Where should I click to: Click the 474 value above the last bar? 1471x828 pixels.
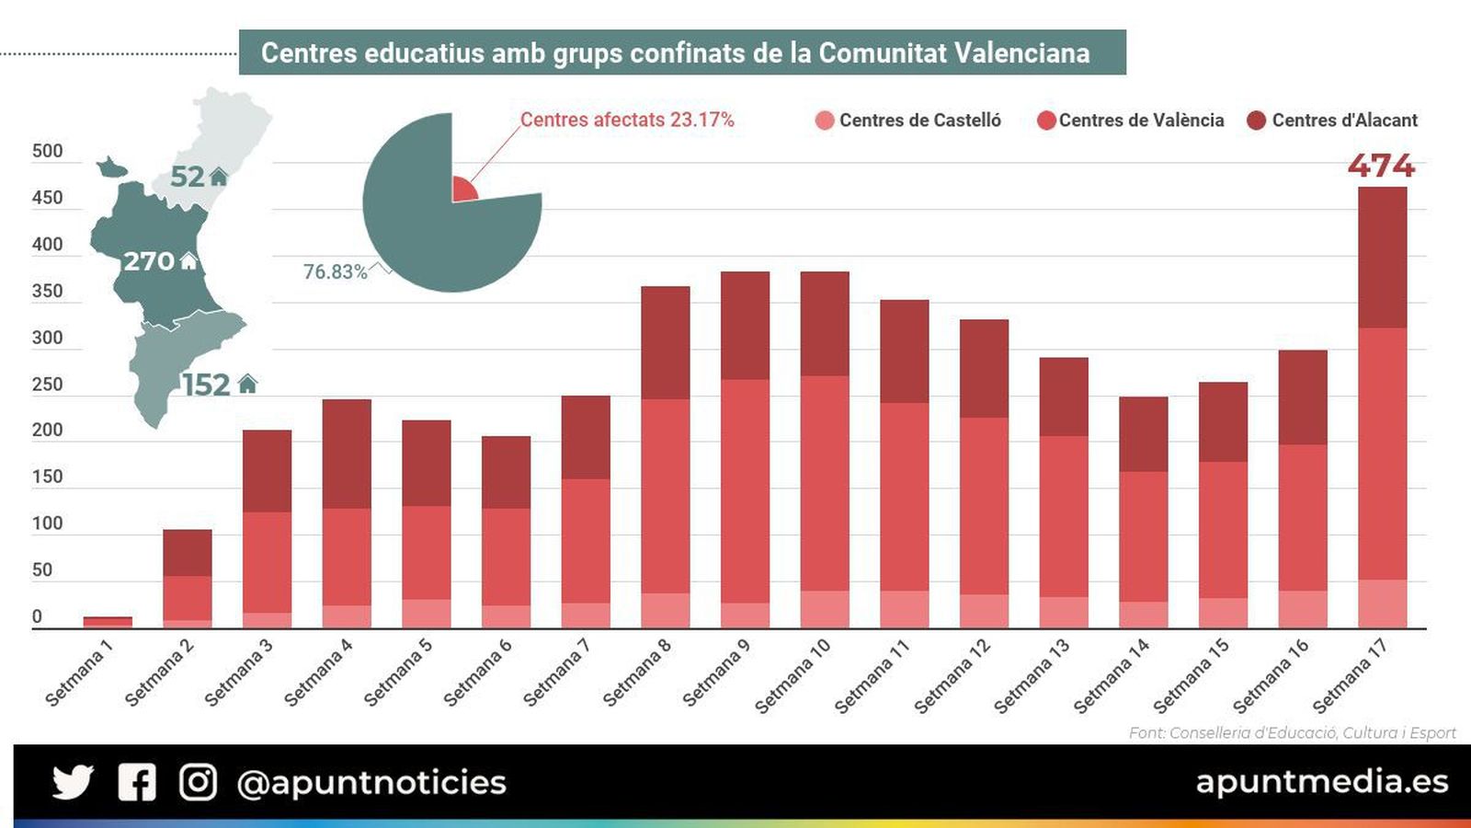click(1381, 166)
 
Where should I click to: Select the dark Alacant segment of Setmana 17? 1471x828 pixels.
click(1382, 258)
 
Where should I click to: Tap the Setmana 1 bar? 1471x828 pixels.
click(108, 622)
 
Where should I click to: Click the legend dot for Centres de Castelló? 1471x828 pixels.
click(825, 121)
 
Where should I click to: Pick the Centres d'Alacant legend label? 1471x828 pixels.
click(1344, 121)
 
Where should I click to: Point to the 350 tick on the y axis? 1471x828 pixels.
click(47, 292)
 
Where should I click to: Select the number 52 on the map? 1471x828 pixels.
click(188, 176)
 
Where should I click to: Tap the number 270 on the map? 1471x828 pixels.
click(149, 261)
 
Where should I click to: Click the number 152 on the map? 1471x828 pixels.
click(205, 385)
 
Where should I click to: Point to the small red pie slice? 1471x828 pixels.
click(462, 190)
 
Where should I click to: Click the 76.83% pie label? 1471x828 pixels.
click(335, 272)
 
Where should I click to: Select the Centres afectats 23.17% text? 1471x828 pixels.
click(627, 121)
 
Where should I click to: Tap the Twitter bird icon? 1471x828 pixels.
click(73, 782)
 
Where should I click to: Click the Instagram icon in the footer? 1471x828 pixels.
click(198, 782)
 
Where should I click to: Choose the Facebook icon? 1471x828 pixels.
click(137, 782)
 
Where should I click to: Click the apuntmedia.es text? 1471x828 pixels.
click(1321, 781)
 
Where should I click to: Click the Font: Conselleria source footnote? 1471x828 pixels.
click(1292, 732)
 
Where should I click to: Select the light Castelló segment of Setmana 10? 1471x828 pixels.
click(825, 609)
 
